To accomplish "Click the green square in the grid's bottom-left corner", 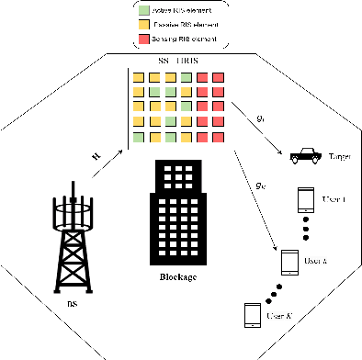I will click(137, 136).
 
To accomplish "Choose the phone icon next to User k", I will click(289, 264).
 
